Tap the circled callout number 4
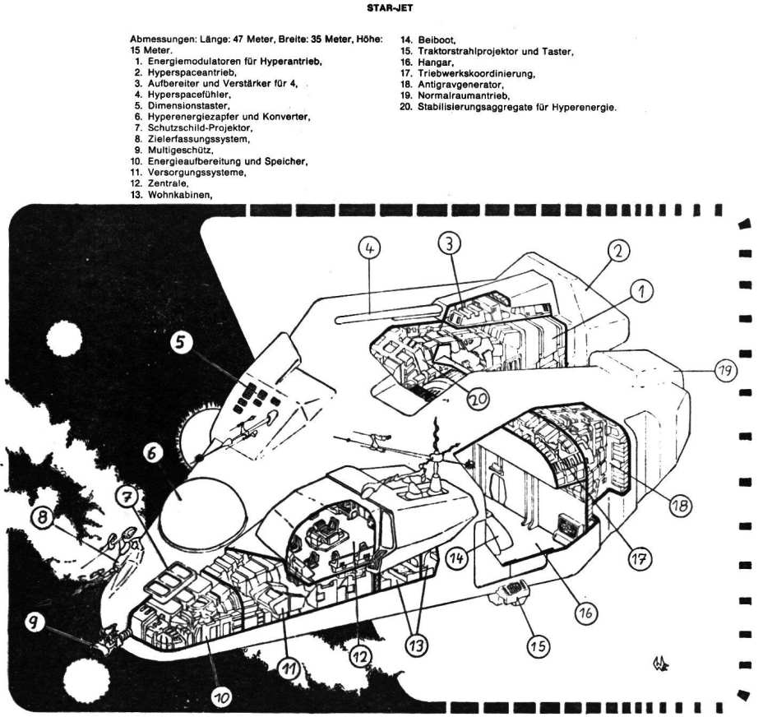pyautogui.click(x=372, y=246)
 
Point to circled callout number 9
pyautogui.click(x=35, y=624)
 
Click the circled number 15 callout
pyautogui.click(x=539, y=645)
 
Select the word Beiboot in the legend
pyautogui.click(x=437, y=39)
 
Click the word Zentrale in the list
pyautogui.click(x=168, y=184)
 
